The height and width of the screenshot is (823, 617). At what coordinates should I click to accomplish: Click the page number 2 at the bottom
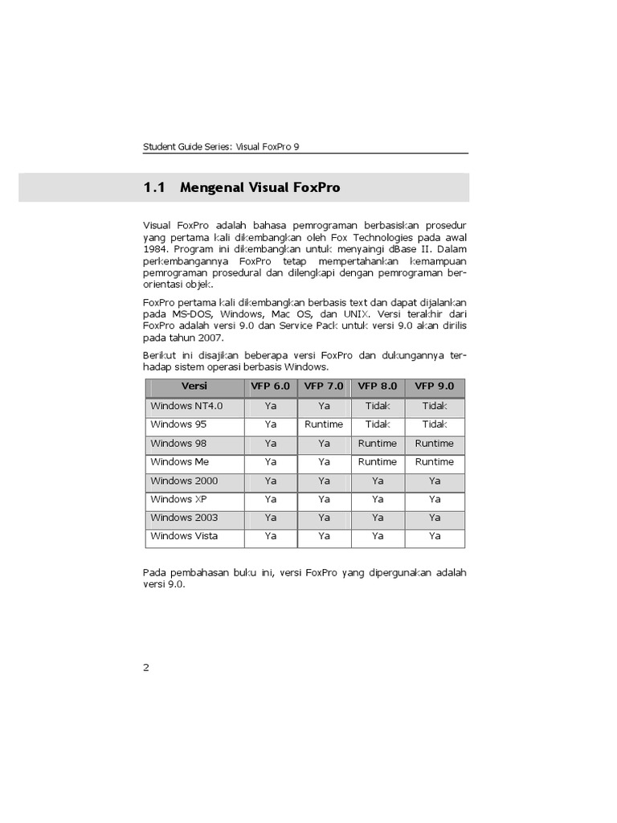[x=146, y=667]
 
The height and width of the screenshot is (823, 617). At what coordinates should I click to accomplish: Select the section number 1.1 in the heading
[x=153, y=188]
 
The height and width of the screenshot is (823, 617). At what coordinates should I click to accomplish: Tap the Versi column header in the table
[x=194, y=387]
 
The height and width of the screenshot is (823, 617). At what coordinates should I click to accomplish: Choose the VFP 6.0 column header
[x=271, y=387]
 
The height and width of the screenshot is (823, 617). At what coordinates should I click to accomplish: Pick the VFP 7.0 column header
[x=324, y=387]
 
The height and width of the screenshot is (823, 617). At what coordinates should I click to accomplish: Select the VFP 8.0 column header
[x=378, y=387]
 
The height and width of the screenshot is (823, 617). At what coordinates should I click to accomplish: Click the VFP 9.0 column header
[x=435, y=387]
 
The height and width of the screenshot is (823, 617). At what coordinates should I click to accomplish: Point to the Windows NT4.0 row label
[x=186, y=406]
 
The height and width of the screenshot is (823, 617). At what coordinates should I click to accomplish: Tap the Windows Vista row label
[x=184, y=536]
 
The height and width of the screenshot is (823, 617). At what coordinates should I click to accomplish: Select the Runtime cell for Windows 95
[x=324, y=424]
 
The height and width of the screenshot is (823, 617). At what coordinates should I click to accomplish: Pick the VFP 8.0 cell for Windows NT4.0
[x=378, y=406]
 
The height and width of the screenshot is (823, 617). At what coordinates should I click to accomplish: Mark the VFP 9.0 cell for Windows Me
[x=435, y=462]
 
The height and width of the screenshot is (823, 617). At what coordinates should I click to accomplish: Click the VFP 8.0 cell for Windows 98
[x=378, y=444]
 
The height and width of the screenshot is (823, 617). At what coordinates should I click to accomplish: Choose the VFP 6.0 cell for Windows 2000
[x=271, y=481]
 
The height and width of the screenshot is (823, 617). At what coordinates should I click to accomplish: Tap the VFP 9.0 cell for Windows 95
[x=435, y=424]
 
